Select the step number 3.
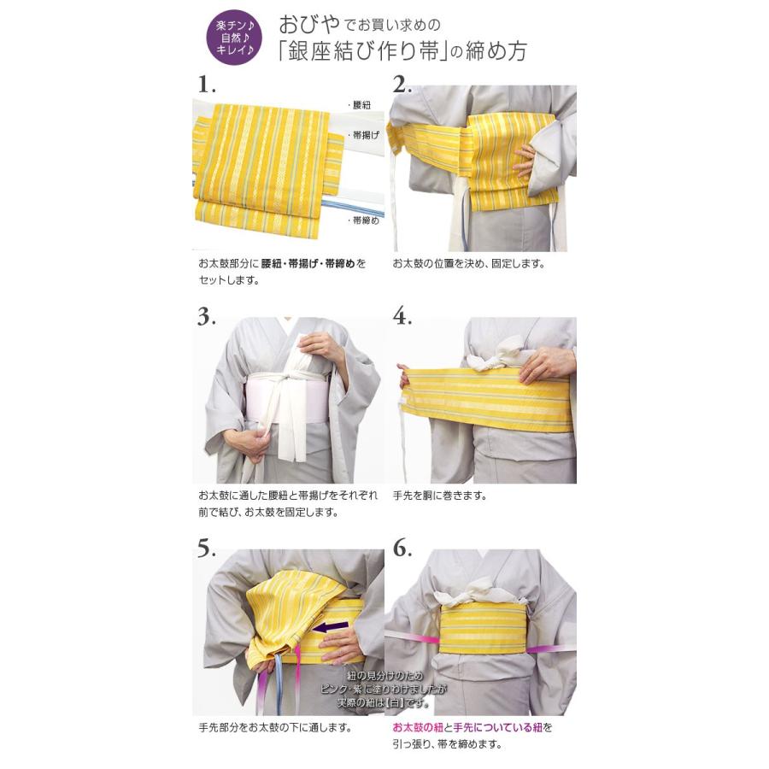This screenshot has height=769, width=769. coord(207,316)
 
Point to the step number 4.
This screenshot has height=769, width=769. coord(402,316)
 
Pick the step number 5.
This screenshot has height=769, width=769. coord(207,549)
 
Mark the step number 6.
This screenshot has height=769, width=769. coord(402,549)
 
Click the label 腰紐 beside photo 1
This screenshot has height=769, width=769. coord(361,105)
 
